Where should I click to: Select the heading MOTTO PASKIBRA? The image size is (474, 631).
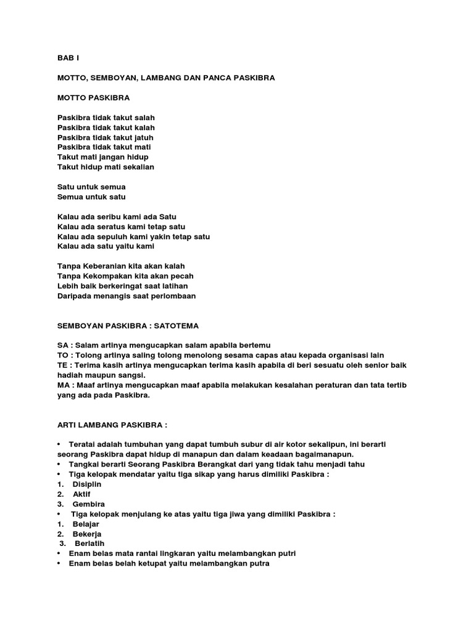point(94,97)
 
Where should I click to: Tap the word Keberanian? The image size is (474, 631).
point(106,266)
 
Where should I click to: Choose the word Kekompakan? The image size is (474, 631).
point(109,276)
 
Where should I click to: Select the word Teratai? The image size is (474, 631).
point(84,444)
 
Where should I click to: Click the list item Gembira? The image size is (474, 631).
point(88,503)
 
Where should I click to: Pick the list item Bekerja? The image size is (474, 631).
point(87,534)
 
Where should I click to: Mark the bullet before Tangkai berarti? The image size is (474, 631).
point(59,464)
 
